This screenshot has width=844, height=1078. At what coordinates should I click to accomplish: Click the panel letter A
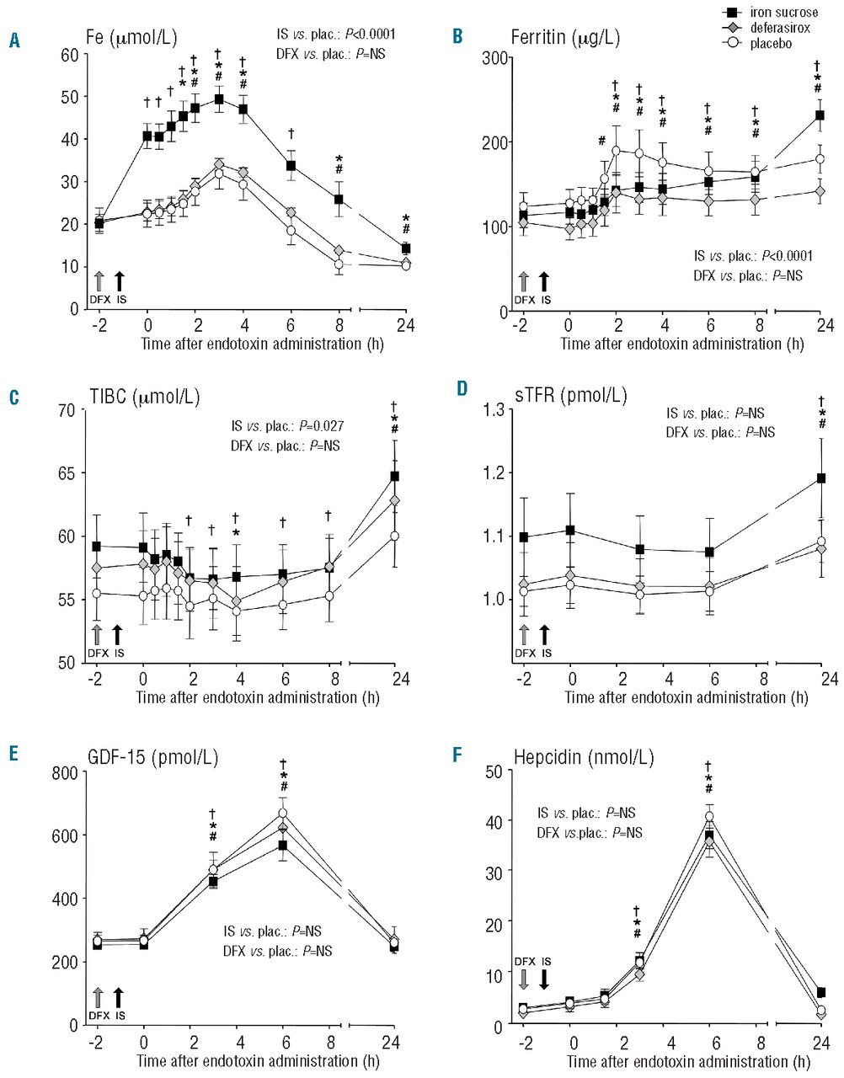click(x=14, y=39)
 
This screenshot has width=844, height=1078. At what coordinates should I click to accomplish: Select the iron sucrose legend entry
click(x=763, y=13)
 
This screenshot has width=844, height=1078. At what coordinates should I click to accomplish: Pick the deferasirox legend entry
click(x=763, y=28)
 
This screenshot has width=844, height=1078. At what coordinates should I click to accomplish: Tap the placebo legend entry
click(x=763, y=43)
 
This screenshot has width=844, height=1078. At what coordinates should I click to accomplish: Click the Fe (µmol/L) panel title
click(x=136, y=38)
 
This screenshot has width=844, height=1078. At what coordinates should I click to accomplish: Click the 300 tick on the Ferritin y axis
click(x=494, y=57)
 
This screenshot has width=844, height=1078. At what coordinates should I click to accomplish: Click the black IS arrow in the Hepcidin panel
click(x=545, y=978)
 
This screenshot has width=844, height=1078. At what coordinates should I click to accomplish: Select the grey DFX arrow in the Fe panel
click(x=99, y=281)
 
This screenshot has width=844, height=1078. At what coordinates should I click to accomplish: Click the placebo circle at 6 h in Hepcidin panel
click(x=710, y=817)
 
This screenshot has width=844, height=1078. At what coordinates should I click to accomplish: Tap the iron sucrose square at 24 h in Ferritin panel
click(x=819, y=115)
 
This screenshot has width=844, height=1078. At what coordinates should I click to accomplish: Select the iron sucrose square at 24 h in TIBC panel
click(x=394, y=477)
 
